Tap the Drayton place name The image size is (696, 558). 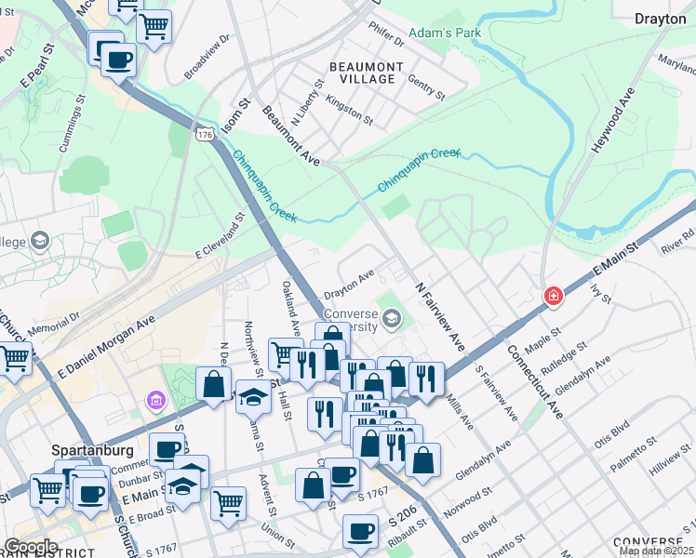click(660, 18)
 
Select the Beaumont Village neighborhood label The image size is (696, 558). click(367, 73)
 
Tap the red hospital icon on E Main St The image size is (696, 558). click(554, 295)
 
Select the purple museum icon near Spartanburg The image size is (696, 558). click(154, 400)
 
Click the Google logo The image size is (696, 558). click(31, 547)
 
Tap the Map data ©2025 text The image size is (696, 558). click(656, 551)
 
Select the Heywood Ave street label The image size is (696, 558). click(613, 121)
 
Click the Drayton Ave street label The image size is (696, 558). click(349, 276)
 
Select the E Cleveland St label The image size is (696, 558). click(219, 236)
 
